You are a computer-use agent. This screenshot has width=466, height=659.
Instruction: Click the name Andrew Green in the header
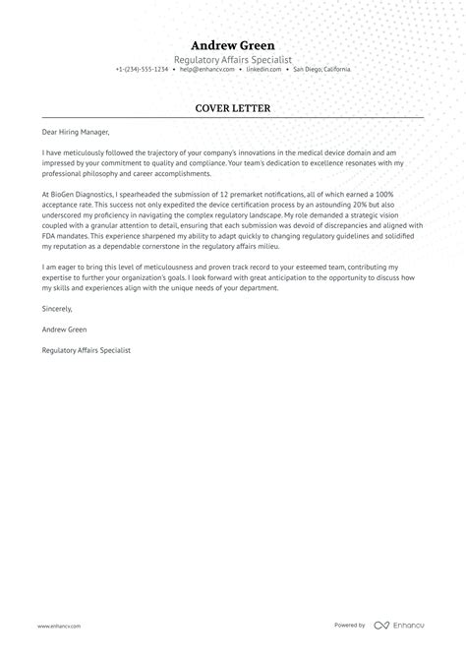tap(233, 45)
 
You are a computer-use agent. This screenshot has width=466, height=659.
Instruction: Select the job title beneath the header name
tap(233, 59)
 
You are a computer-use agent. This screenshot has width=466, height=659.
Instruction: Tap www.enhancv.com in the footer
tap(60, 626)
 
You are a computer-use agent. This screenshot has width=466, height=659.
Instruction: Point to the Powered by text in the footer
tap(351, 626)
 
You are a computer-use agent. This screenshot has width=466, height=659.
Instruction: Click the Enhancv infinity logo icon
tap(383, 626)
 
